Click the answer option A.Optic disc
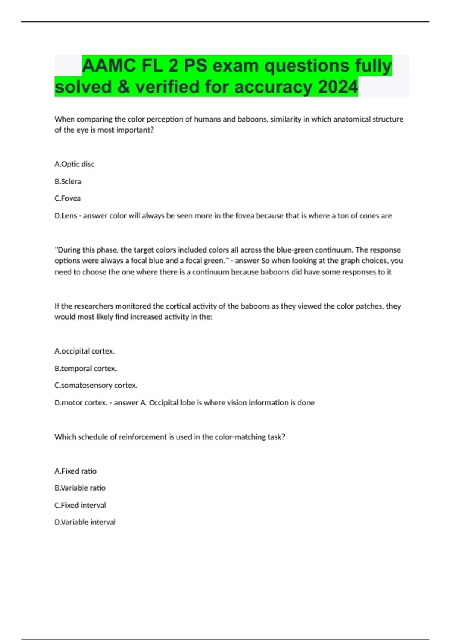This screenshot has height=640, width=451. click(74, 164)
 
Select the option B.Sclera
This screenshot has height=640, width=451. click(68, 181)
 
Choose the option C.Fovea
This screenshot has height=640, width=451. click(68, 198)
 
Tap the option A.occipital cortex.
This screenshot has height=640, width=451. click(85, 351)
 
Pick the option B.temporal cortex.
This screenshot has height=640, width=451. click(86, 369)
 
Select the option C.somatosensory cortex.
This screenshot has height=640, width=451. click(96, 386)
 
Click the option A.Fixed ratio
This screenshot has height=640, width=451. click(76, 471)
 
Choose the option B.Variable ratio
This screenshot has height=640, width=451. click(80, 488)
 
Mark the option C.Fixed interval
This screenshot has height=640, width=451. click(80, 505)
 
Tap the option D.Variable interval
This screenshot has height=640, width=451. click(85, 522)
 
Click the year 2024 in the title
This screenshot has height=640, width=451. click(338, 87)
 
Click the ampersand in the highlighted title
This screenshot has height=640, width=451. click(124, 87)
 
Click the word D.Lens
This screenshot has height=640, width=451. click(66, 216)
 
